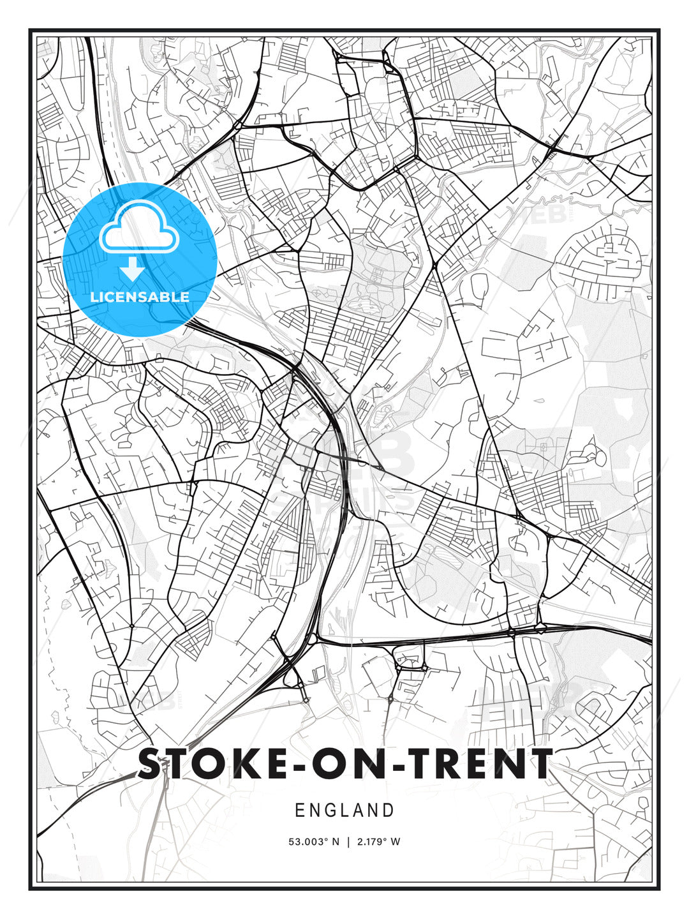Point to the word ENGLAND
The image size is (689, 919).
tap(344, 811)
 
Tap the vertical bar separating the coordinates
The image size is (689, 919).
tap(348, 842)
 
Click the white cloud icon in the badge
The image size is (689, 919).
tap(138, 228)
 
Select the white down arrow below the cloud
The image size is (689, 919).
tap(133, 269)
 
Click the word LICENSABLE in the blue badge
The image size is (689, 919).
tap(140, 297)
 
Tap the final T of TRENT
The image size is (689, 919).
tap(538, 764)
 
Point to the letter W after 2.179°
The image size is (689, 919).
tap(396, 842)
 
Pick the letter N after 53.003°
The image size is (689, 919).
tap(336, 842)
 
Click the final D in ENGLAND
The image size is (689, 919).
tap(389, 811)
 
